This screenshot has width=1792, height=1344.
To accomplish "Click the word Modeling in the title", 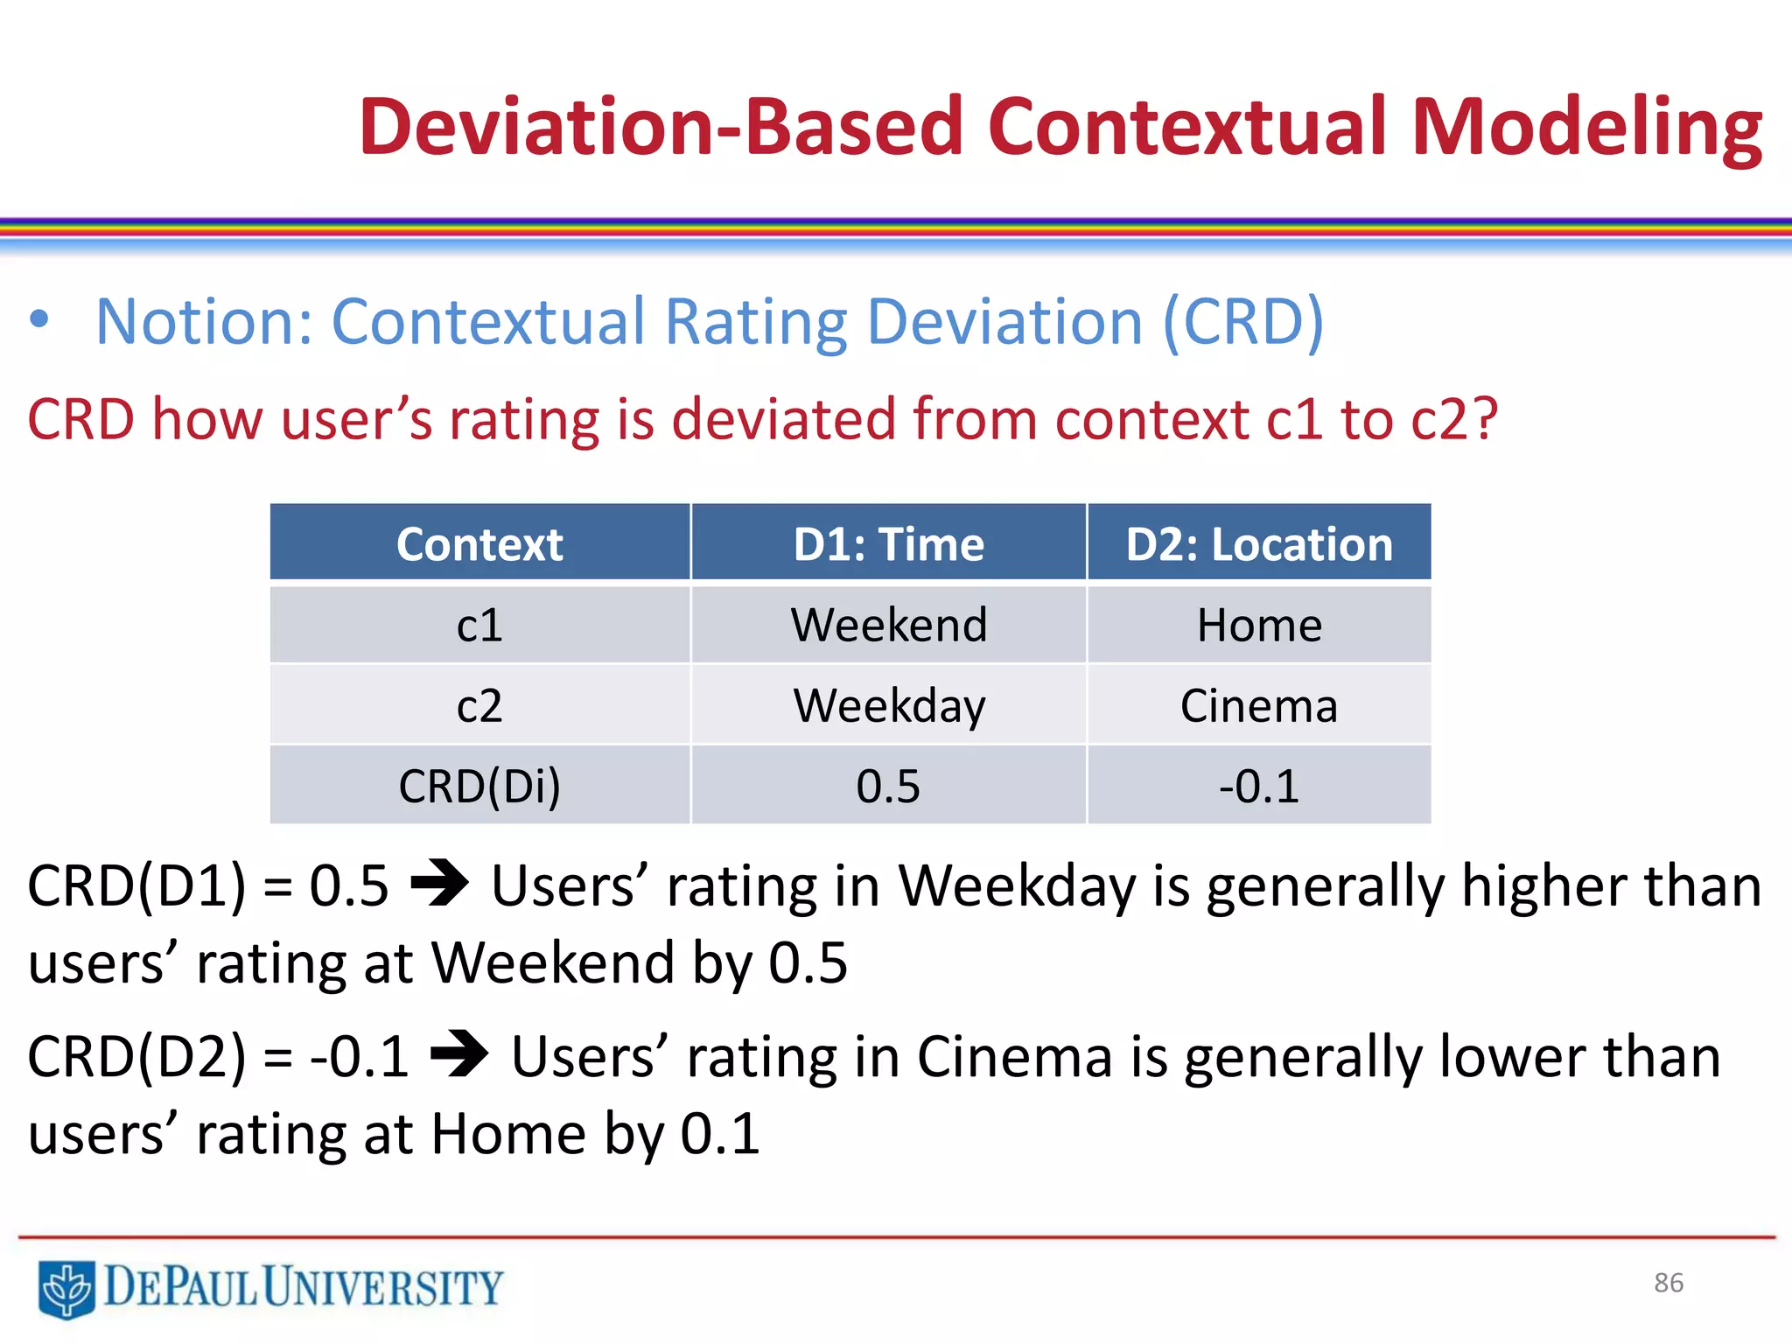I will click(x=1586, y=129).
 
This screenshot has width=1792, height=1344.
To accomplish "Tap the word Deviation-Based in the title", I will click(x=661, y=129).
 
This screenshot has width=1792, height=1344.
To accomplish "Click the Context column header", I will click(x=479, y=543).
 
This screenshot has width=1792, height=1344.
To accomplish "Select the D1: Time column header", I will click(x=888, y=543).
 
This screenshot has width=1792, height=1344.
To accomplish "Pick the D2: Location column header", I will click(x=1258, y=543).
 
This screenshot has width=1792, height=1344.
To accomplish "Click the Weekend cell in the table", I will click(x=888, y=625).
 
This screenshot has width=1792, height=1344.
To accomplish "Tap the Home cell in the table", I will click(x=1258, y=625).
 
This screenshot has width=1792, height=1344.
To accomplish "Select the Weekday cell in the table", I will click(x=888, y=705).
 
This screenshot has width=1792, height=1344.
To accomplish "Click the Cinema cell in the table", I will click(x=1258, y=705).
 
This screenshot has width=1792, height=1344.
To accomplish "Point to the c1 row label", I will click(x=479, y=625).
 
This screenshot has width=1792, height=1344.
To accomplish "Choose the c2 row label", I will click(x=479, y=705).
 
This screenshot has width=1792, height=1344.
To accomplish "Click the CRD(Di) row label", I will click(x=479, y=786).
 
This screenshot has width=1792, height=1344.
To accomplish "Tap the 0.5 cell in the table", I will click(x=888, y=786).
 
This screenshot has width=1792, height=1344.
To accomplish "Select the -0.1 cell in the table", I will click(x=1258, y=786).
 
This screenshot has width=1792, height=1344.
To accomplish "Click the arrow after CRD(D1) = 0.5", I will click(x=439, y=884).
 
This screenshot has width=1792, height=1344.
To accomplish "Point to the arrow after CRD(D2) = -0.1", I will click(x=459, y=1054).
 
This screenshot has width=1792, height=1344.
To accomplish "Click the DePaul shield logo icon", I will click(x=66, y=1288).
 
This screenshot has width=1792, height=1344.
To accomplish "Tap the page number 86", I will click(x=1668, y=1283).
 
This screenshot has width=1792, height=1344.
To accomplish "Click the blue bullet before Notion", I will click(x=38, y=320).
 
